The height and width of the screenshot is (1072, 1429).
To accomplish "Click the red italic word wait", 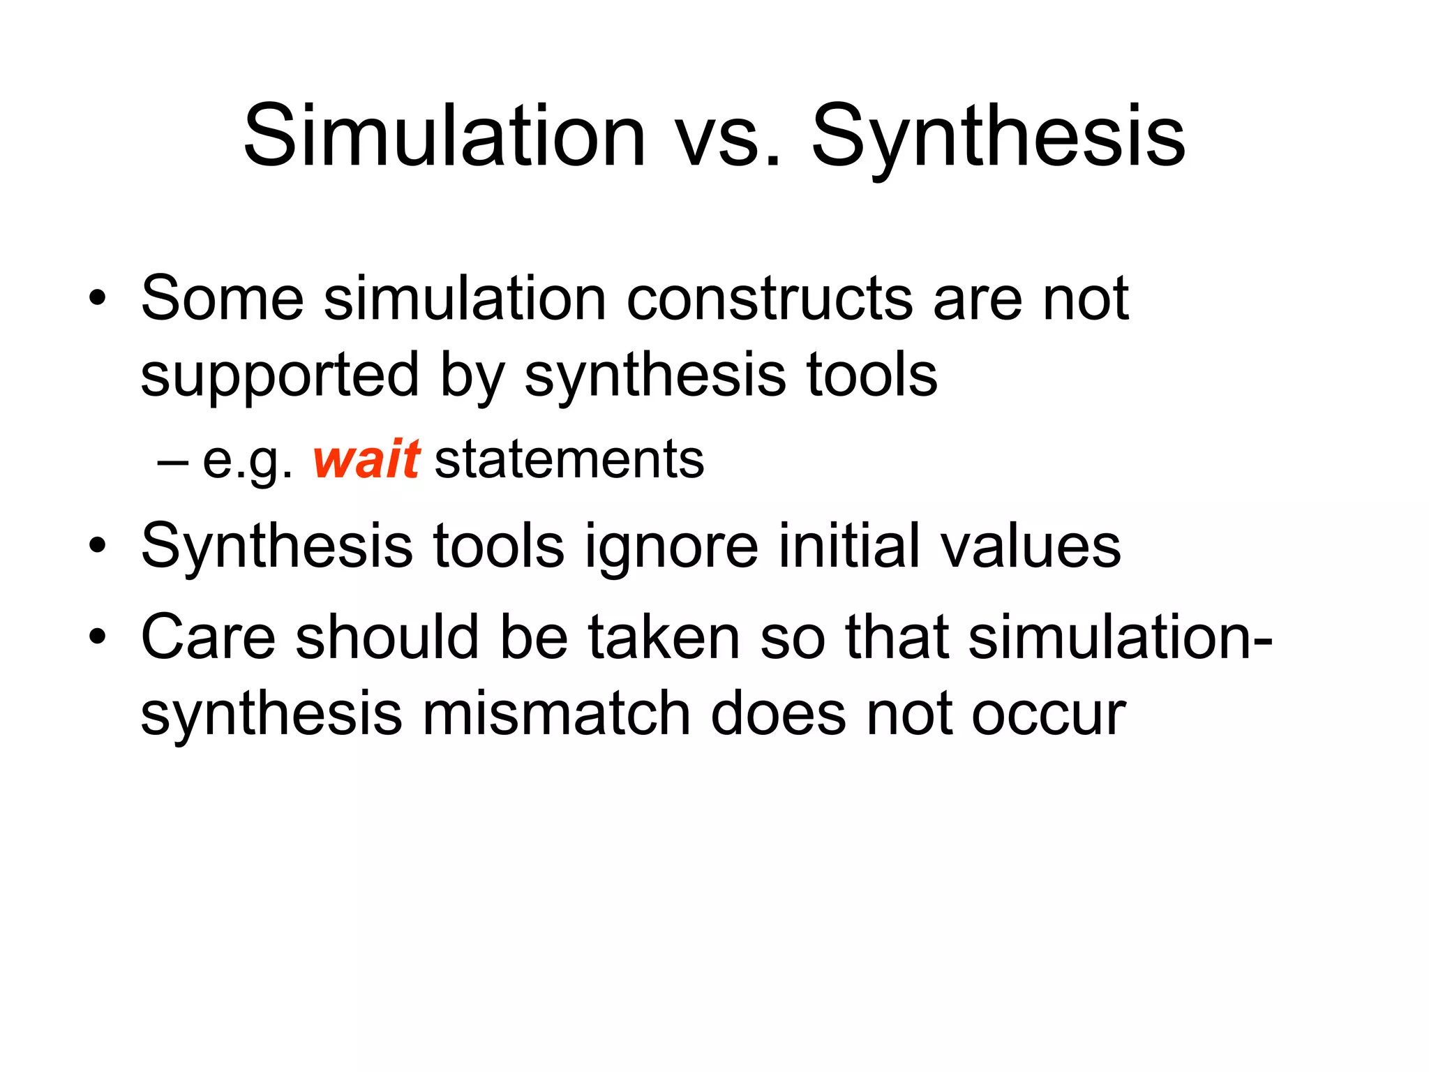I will (366, 460).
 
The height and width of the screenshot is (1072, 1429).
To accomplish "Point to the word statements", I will (569, 460).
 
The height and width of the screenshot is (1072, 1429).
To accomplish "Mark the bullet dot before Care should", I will (98, 637).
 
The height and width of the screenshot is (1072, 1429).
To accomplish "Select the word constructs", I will (769, 299).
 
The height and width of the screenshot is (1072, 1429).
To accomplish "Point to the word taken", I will (664, 637).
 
